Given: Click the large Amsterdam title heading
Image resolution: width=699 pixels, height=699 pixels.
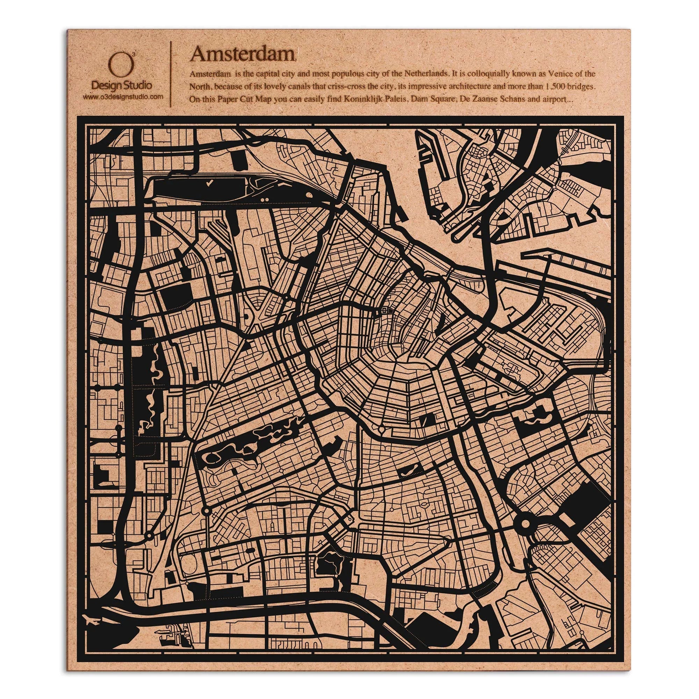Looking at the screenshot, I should [x=243, y=55].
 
